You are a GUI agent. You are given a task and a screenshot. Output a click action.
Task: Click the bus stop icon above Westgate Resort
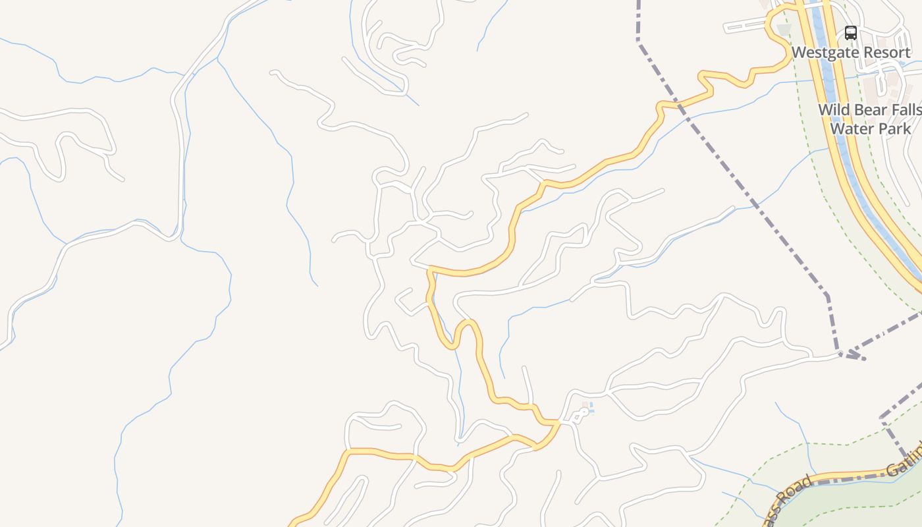click(x=851, y=33)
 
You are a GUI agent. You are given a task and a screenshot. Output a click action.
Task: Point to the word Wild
click(x=832, y=110)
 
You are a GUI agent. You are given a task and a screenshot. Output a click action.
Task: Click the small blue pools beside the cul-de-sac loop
click(x=590, y=408)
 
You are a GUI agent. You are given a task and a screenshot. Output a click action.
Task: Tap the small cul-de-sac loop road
click(x=579, y=414)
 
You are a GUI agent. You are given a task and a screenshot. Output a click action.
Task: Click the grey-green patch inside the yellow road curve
click(x=783, y=30)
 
